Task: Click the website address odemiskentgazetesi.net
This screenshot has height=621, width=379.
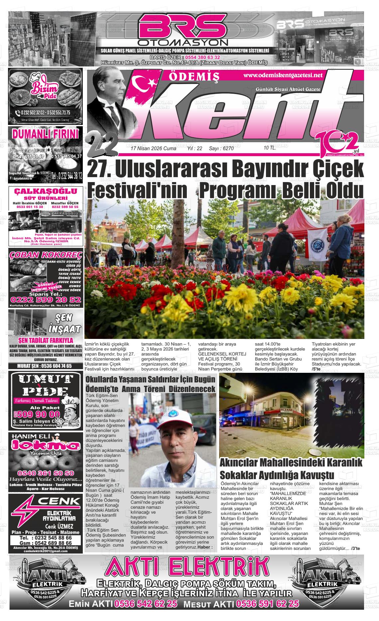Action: (283, 75)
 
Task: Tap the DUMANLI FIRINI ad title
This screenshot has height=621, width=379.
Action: (45, 134)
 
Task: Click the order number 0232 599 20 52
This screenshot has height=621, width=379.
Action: (46, 300)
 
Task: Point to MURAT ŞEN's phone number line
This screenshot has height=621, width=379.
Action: (45, 366)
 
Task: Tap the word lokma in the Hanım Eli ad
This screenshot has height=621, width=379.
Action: (45, 446)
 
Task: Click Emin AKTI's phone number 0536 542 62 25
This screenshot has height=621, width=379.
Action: (145, 604)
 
